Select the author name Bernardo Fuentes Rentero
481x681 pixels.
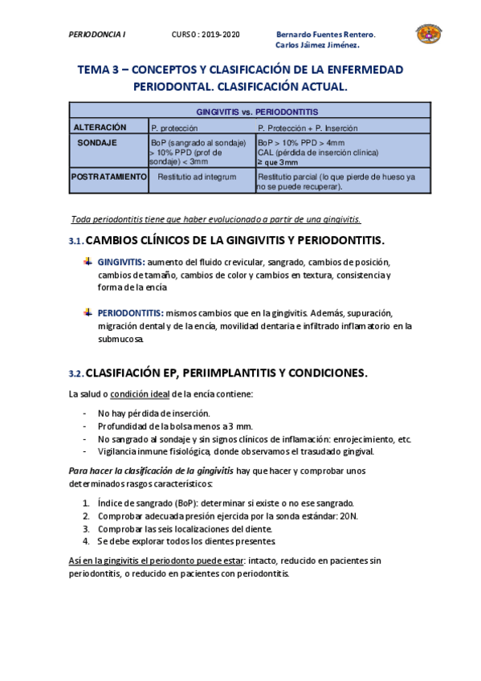(325, 35)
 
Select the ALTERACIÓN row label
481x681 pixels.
(100, 127)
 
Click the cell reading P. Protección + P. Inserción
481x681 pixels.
(308, 128)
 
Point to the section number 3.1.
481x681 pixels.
(75, 242)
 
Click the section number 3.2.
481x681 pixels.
(75, 373)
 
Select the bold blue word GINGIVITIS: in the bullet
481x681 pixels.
(122, 263)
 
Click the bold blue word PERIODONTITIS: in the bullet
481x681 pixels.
(130, 312)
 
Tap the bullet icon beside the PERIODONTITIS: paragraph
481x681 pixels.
(88, 312)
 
